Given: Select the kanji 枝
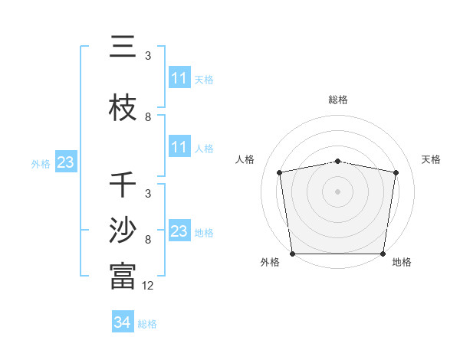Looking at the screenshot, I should [123, 109].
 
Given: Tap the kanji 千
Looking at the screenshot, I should [123, 185].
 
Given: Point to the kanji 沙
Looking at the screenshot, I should [123, 231].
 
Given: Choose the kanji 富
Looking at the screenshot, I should [123, 277].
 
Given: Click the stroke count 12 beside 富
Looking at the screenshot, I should [148, 285].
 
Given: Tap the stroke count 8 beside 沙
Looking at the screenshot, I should [148, 239].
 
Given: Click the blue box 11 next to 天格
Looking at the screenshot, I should [179, 78].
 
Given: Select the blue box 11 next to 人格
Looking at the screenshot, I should [179, 147].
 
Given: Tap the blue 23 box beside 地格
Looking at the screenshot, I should [179, 231].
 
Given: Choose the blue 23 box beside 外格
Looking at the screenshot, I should [65, 162].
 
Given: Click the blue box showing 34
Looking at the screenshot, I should [122, 322].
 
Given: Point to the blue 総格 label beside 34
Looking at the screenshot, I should [147, 324].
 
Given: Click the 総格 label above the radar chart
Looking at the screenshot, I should [338, 100].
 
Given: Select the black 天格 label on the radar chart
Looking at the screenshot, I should [432, 159].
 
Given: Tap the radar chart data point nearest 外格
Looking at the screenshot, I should [292, 254].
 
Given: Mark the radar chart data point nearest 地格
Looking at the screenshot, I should [383, 254].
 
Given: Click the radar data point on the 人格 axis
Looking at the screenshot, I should [280, 172].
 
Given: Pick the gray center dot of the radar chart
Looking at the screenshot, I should [338, 191].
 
